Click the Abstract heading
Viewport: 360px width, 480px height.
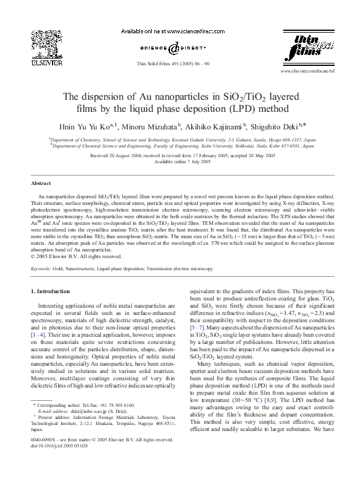pos(41,183)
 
